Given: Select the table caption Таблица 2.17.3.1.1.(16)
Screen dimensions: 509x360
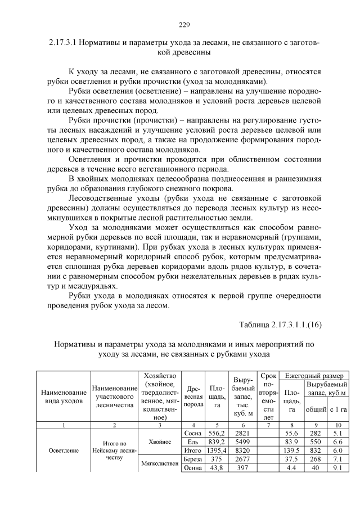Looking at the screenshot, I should (x=280, y=325).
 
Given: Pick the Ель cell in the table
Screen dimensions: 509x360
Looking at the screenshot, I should (x=193, y=443).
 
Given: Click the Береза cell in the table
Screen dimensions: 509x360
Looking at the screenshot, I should (x=193, y=461).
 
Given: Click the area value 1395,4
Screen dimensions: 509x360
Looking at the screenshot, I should (x=217, y=452).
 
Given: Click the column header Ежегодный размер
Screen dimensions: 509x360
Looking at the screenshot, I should (x=314, y=375).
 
